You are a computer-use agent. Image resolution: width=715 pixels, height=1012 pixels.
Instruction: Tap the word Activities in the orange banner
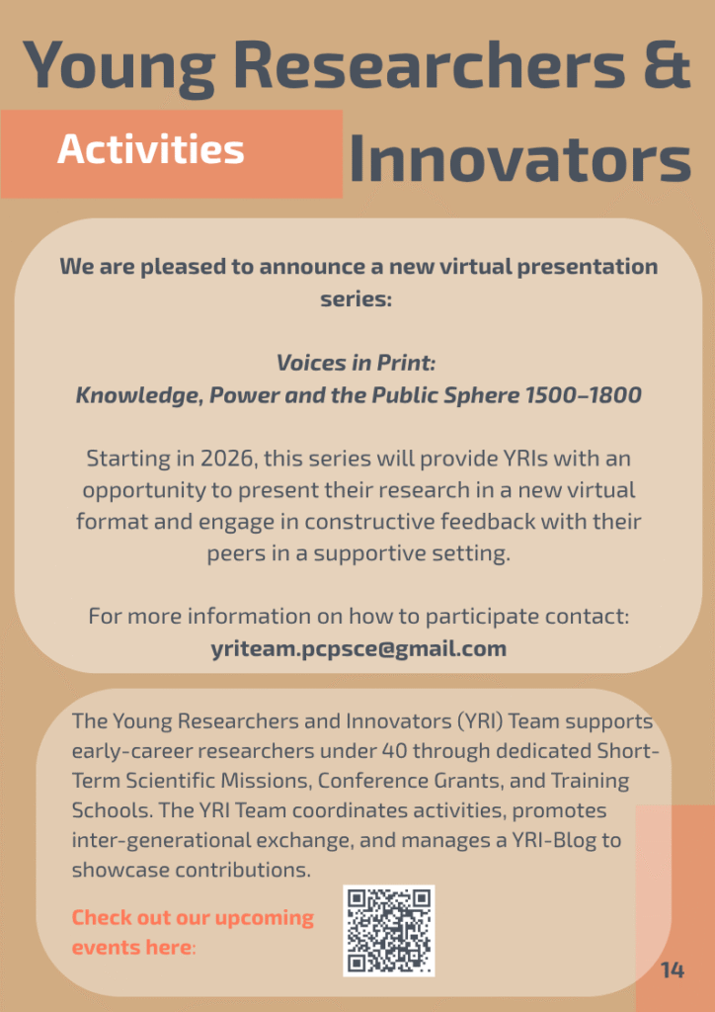(x=151, y=150)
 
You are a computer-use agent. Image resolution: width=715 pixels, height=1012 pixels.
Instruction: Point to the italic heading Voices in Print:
(x=357, y=363)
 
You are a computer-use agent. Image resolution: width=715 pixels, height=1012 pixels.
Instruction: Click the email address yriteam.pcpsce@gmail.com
(x=358, y=648)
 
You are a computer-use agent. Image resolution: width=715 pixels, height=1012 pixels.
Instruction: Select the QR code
(x=389, y=930)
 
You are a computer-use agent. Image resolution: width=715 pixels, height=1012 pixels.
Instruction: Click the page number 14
(x=673, y=970)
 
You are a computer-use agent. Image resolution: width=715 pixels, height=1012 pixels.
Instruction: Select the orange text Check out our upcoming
(x=193, y=918)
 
